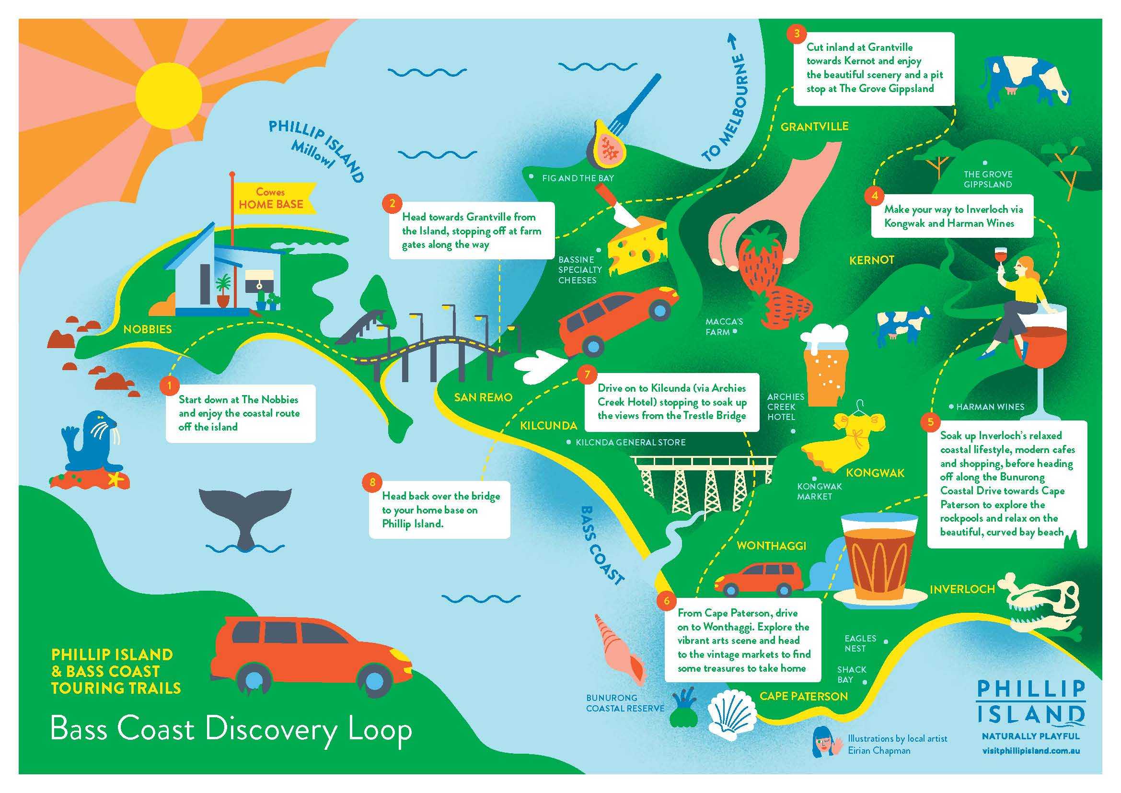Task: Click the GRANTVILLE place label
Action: click(x=814, y=127)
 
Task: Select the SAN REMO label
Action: click(x=483, y=397)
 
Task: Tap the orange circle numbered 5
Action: click(x=931, y=422)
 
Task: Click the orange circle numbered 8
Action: click(x=372, y=482)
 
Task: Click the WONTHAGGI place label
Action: click(x=771, y=546)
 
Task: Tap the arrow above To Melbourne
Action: click(x=732, y=42)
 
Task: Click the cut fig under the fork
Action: click(x=606, y=142)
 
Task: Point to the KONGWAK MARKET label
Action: click(x=819, y=491)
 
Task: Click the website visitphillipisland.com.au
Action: click(x=1030, y=750)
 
